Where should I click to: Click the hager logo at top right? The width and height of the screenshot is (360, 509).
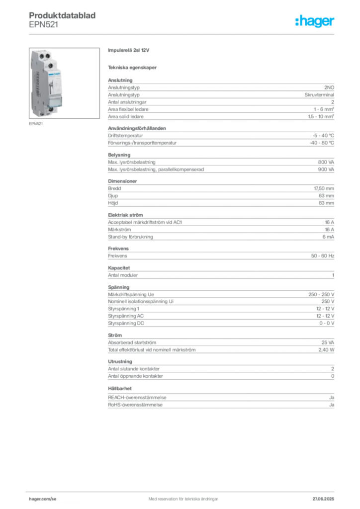[314, 21]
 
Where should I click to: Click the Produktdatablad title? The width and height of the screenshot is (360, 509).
[62, 15]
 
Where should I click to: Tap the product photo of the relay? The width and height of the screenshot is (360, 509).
[64, 83]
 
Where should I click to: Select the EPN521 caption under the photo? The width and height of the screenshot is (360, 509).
[36, 124]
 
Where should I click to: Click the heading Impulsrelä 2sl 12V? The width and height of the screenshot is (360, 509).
[129, 50]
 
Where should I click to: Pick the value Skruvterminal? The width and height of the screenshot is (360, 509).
[319, 95]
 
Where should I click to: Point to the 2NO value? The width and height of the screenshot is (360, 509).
[329, 87]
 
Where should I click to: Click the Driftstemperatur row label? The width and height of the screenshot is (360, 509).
[125, 136]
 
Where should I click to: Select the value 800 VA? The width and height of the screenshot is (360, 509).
[326, 162]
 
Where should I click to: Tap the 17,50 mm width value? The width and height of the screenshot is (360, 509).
[324, 188]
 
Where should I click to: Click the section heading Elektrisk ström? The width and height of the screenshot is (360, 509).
[125, 215]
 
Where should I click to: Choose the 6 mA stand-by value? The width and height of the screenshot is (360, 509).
[328, 237]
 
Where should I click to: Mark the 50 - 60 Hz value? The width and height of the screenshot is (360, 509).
[322, 256]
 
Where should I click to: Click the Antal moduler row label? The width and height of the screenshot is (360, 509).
[123, 275]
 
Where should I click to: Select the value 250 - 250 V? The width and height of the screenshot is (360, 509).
[321, 294]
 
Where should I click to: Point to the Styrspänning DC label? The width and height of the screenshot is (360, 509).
[126, 323]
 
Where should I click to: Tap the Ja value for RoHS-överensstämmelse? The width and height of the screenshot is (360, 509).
[332, 405]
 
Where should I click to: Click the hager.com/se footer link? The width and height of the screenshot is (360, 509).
[43, 499]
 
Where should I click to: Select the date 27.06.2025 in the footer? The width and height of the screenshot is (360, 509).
[323, 499]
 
